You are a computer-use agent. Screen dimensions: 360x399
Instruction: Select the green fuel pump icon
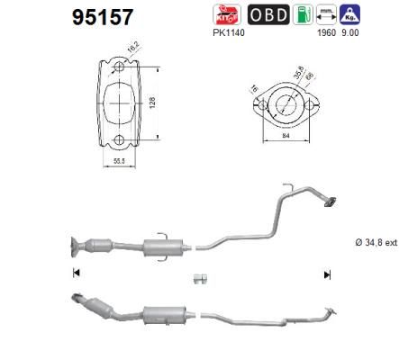(x=307, y=14)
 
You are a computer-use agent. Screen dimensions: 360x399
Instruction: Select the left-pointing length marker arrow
(x=75, y=273)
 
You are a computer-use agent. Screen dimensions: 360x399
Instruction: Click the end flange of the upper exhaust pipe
(x=331, y=203)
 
